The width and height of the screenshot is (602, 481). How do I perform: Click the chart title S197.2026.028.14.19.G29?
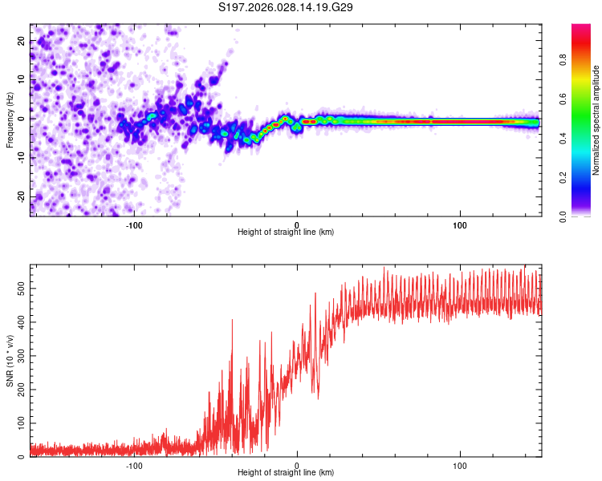(x=287, y=7)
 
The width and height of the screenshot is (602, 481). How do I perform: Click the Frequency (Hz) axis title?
(x=10, y=120)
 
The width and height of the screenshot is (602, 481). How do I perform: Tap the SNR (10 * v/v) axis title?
(x=10, y=361)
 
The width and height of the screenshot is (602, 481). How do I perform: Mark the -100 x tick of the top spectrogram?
(x=134, y=225)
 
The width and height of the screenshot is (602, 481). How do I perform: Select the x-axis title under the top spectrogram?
(x=286, y=232)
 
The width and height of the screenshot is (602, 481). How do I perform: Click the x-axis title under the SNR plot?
(x=286, y=473)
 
